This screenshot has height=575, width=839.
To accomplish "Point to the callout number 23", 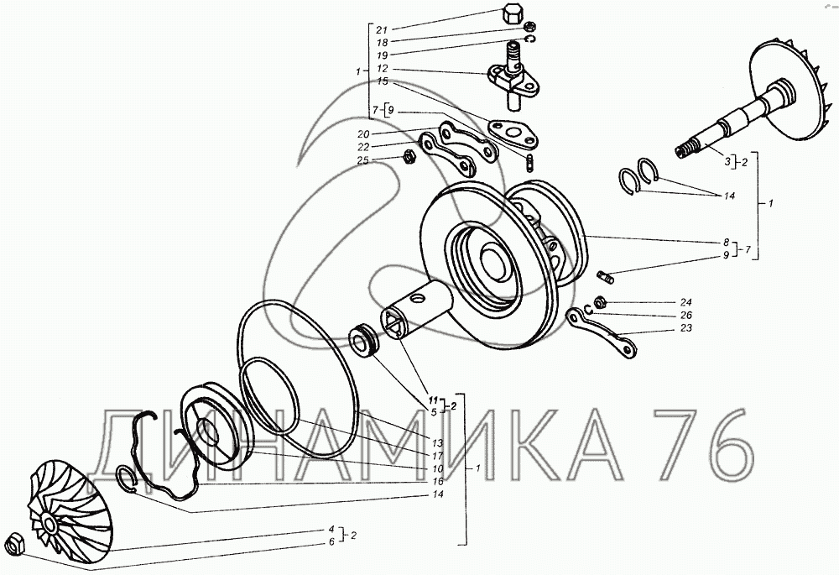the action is point(686,327).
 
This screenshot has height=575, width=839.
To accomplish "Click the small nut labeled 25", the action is point(407,157).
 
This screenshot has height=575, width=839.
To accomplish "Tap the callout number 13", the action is point(438,443).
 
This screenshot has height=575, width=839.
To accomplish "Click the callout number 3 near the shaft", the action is point(727,160).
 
